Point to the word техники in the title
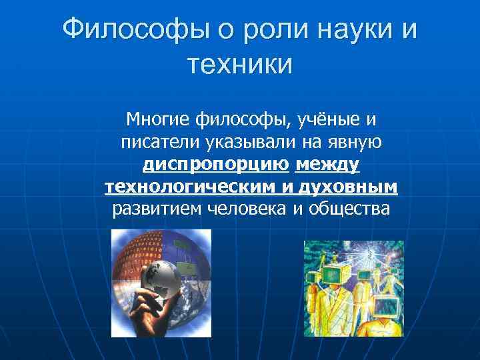point(240,65)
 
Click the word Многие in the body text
point(158,121)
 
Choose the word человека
point(247,209)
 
